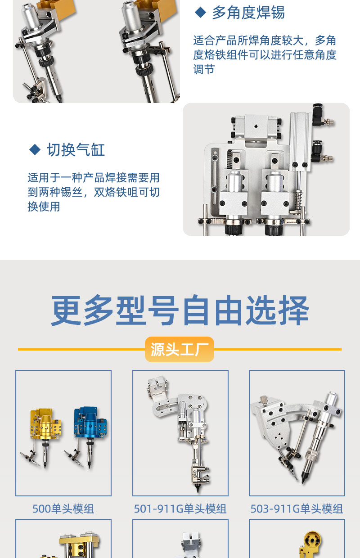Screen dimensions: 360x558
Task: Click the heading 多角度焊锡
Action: tap(248, 13)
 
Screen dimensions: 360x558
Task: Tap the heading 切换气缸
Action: tap(76, 150)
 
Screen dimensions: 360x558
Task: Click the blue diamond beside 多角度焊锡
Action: tap(200, 12)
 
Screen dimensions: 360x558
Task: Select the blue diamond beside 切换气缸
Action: tap(35, 149)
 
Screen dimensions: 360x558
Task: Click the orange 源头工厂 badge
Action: tap(180, 349)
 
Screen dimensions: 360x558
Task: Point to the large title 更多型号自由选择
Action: tap(180, 310)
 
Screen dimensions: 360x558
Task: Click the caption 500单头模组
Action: tap(63, 508)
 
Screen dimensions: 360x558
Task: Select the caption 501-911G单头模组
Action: tap(180, 508)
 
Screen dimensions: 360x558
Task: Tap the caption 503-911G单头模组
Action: tap(297, 508)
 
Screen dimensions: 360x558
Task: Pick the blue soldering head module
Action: tap(87, 433)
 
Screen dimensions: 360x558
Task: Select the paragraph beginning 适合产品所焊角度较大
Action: tap(265, 55)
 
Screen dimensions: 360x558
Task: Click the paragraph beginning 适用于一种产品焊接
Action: tap(94, 192)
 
